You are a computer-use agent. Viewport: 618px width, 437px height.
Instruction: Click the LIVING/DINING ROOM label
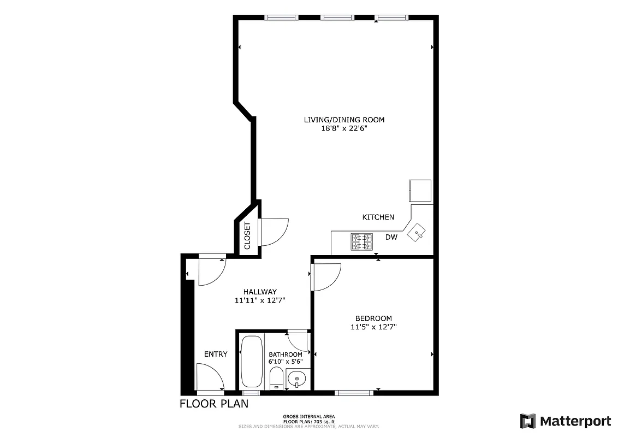pos(344,120)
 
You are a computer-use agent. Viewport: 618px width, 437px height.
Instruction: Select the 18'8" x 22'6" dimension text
pos(344,129)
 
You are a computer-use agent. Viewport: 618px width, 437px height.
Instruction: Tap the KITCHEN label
pos(378,217)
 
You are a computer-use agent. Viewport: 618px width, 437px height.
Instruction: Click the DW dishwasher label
pos(391,237)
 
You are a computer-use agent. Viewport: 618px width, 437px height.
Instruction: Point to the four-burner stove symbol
pos(361,241)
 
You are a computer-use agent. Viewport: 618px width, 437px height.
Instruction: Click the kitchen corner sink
pos(419,233)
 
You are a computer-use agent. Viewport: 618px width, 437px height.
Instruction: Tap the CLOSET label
pos(247,235)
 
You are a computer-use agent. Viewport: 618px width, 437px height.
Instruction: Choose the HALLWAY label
pos(260,292)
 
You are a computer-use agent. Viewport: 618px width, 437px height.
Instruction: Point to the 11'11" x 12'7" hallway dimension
pos(260,300)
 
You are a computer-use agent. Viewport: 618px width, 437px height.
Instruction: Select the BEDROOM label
pos(373,318)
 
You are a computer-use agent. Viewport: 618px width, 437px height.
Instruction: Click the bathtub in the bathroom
pos(252,362)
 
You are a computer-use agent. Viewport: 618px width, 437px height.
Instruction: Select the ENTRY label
pos(216,354)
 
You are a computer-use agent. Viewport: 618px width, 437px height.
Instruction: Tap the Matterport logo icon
pos(527,421)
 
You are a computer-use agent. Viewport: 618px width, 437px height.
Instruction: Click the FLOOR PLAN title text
pos(214,404)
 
